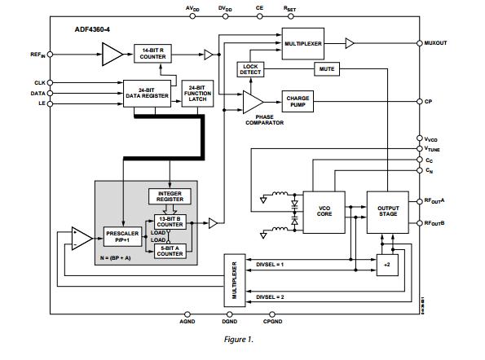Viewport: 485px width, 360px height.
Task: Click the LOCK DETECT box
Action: pyautogui.click(x=249, y=70)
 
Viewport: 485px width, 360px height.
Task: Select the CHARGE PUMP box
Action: pyautogui.click(x=298, y=101)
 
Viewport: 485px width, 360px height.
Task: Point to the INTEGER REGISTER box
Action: pyautogui.click(x=170, y=197)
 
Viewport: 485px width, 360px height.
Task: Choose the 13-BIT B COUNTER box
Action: pyautogui.click(x=170, y=221)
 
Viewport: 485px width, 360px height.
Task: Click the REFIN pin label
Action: pyautogui.click(x=37, y=55)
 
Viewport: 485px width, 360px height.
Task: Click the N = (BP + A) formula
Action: pyautogui.click(x=121, y=258)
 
